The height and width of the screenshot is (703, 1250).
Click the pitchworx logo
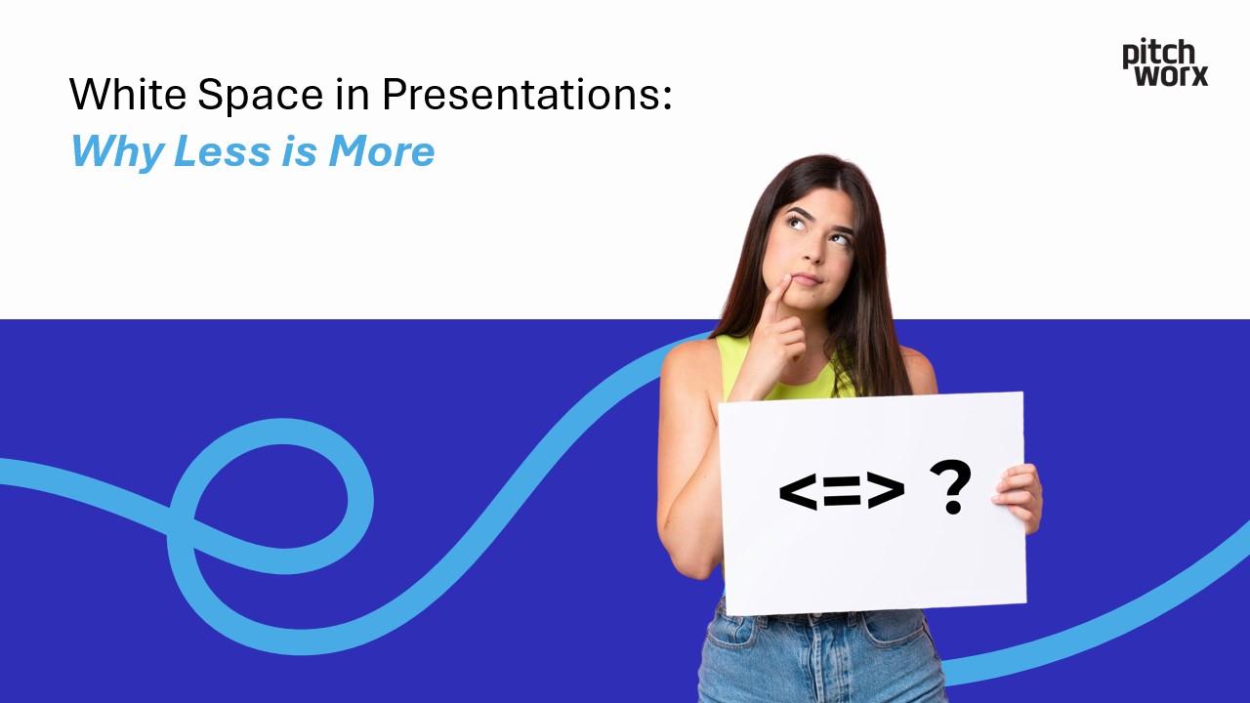1165,62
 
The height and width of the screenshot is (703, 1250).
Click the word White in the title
128,95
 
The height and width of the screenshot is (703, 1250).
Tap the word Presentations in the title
526,95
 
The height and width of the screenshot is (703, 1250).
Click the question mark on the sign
950,488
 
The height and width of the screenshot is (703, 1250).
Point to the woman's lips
806,279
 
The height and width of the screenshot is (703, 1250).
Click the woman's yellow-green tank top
742,366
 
